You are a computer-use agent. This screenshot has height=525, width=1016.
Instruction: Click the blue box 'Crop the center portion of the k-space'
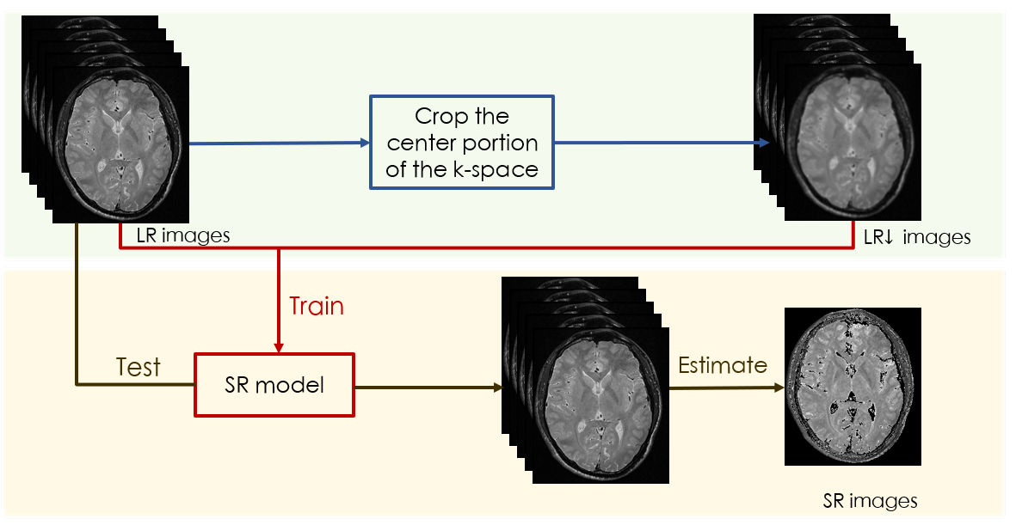coord(462,143)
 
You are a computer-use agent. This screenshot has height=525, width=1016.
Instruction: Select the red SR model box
coord(274,385)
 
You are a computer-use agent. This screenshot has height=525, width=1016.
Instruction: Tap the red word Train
coord(317,306)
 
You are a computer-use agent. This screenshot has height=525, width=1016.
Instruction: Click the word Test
coord(138,367)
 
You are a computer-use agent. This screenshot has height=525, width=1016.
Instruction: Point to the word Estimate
coord(723,365)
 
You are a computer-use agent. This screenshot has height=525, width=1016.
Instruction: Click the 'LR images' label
coord(183,235)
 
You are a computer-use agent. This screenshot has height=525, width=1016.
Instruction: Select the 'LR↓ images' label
coord(917,237)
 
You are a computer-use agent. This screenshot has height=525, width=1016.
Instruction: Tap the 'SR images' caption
coord(871,500)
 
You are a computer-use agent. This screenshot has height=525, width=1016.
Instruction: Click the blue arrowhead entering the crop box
coord(365,143)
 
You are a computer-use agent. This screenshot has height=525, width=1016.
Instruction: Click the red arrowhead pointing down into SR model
coord(279,348)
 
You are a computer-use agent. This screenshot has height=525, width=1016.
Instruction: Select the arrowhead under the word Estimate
coord(779,388)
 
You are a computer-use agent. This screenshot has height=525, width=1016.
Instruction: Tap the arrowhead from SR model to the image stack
coord(497,388)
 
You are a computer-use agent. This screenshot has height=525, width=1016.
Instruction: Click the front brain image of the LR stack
coord(120,145)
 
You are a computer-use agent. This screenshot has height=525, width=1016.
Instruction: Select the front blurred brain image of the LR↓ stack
coord(853,143)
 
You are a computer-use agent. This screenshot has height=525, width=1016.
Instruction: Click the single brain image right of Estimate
coord(853,387)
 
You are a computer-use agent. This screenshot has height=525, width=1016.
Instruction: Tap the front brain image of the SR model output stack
coord(600,406)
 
